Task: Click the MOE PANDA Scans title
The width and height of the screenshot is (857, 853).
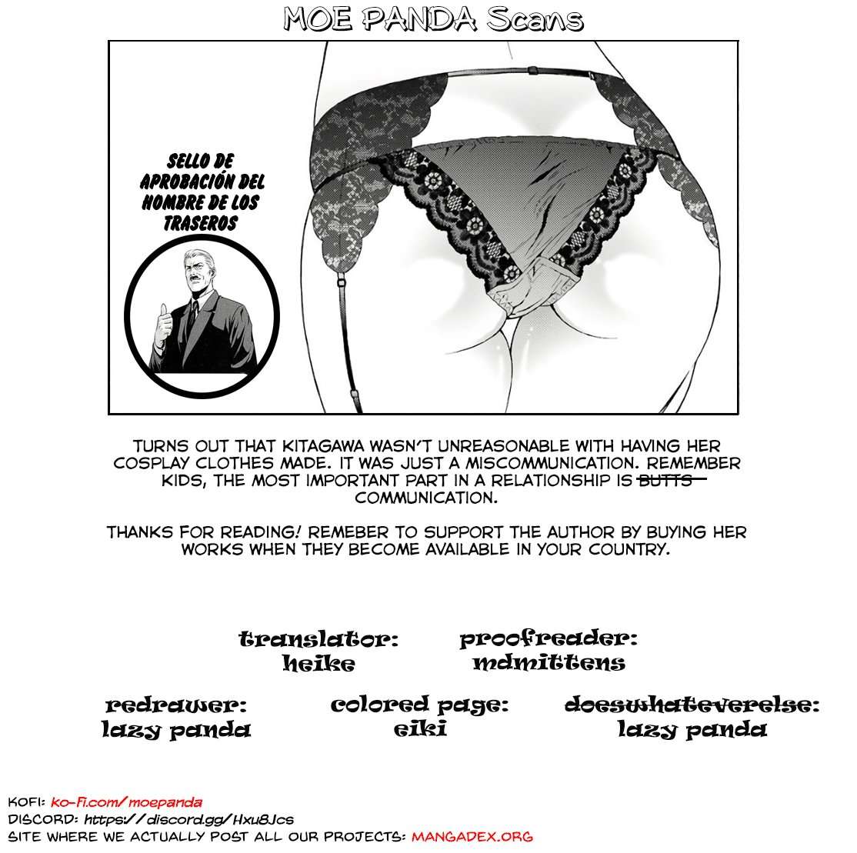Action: pyautogui.click(x=429, y=20)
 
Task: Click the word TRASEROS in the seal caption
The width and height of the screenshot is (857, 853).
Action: pyautogui.click(x=201, y=222)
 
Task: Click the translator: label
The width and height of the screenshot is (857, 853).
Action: pyautogui.click(x=318, y=640)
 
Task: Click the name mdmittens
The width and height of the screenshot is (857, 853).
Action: pyautogui.click(x=549, y=663)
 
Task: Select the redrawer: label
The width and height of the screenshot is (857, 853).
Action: pyautogui.click(x=176, y=705)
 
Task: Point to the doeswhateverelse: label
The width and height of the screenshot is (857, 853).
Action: pyautogui.click(x=692, y=705)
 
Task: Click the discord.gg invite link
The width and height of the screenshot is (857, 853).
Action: pyautogui.click(x=188, y=819)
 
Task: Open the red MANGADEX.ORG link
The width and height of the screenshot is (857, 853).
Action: pyautogui.click(x=472, y=837)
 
